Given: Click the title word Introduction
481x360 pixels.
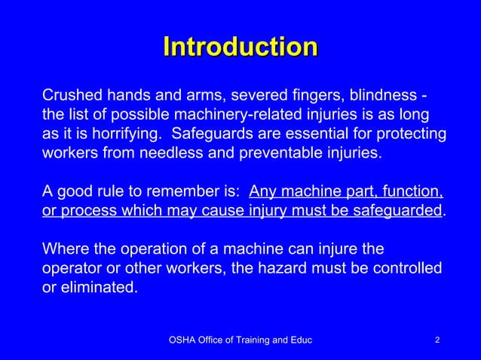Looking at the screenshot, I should [240, 47].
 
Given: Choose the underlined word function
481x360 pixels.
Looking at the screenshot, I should [415, 190].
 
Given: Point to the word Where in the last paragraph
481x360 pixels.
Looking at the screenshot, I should [65, 249].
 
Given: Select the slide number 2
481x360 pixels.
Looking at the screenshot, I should [437, 341].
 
